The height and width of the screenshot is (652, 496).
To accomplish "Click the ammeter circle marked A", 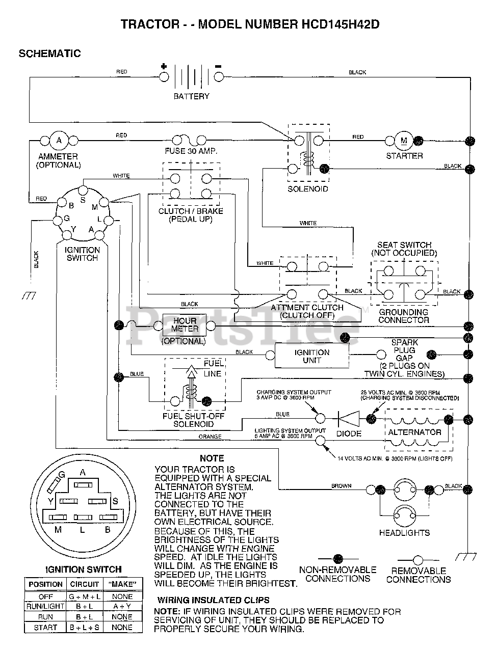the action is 59,140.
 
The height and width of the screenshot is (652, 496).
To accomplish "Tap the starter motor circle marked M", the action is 404,141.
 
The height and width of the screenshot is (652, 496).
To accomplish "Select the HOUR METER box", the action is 185,325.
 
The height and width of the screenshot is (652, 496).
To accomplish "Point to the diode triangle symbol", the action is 349,419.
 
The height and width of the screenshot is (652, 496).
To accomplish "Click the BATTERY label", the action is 191,96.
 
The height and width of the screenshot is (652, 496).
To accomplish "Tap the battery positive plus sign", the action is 164,66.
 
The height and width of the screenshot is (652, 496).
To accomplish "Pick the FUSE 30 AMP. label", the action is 191,151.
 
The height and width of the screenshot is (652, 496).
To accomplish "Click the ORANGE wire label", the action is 210,437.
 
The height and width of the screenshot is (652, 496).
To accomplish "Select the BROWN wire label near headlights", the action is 341,485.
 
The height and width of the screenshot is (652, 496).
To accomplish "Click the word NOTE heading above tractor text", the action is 212,458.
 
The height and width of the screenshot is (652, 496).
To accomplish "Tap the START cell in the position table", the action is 45,628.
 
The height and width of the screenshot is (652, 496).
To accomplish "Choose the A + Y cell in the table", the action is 122,606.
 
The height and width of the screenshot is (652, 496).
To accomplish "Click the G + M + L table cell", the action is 85,596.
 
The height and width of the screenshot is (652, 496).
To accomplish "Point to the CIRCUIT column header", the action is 85,584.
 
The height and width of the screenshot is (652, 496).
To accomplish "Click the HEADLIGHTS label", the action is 404,533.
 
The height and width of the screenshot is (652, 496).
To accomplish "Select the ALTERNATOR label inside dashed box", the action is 414,432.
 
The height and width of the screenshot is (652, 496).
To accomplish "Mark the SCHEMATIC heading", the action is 49,53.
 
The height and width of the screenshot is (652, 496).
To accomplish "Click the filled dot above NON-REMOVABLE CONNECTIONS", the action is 338,559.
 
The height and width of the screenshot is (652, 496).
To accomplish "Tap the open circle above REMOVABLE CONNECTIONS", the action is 418,560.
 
